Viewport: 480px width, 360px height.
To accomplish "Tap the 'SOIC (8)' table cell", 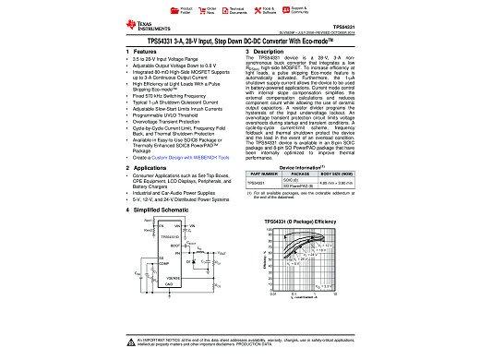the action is click(313, 180).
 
